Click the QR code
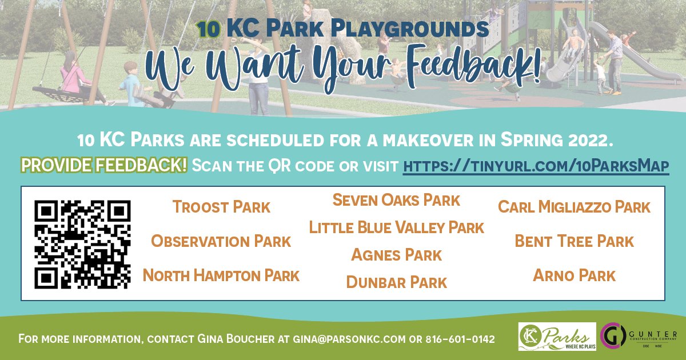coord(82,244)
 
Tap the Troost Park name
coord(221,207)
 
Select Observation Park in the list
coord(221,241)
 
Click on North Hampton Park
coord(221,275)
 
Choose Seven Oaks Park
coord(396,200)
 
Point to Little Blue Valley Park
coord(396,227)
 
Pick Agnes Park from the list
coord(396,255)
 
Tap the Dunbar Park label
coord(396,282)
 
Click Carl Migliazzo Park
coord(574,207)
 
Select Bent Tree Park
coord(574,241)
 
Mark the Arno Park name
coord(574,275)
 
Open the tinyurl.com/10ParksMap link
coord(536,166)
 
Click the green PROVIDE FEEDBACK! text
coord(104,166)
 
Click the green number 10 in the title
coord(209,30)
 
